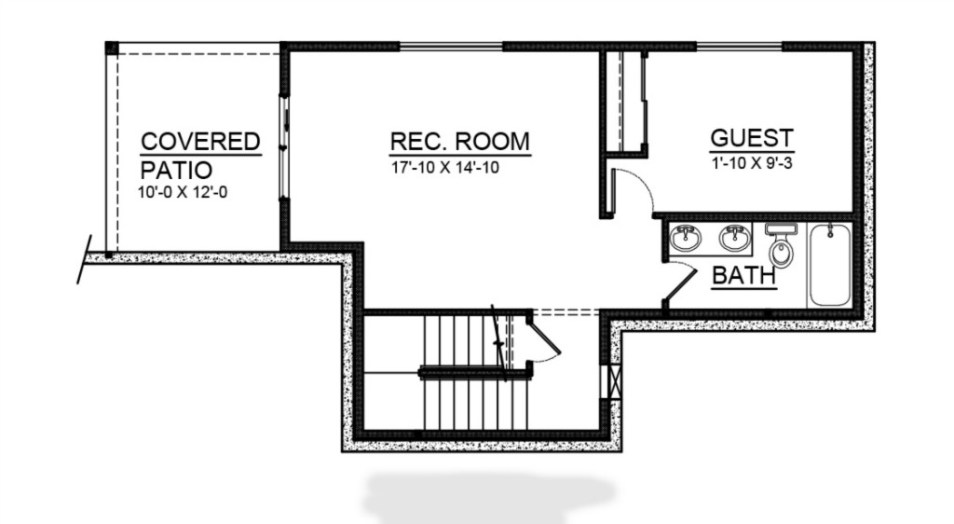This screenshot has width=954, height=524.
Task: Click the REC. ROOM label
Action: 460,141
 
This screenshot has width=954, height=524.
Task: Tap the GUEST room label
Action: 752,138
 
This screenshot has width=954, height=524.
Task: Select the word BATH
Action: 744,276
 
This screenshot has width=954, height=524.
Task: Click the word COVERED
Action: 201,141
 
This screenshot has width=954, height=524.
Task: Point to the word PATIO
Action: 176,170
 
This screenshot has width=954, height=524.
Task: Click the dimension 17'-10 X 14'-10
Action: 445,168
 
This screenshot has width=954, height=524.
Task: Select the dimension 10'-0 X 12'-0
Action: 183,192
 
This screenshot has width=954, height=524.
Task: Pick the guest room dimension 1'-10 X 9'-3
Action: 753,163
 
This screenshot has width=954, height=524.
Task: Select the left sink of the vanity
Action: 686,238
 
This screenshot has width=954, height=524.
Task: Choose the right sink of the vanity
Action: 736,238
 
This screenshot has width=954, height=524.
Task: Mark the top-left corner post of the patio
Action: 111,48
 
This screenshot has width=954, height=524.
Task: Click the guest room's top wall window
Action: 739,46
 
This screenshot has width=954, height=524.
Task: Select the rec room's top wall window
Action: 451,46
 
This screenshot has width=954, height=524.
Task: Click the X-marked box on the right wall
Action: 613,381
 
